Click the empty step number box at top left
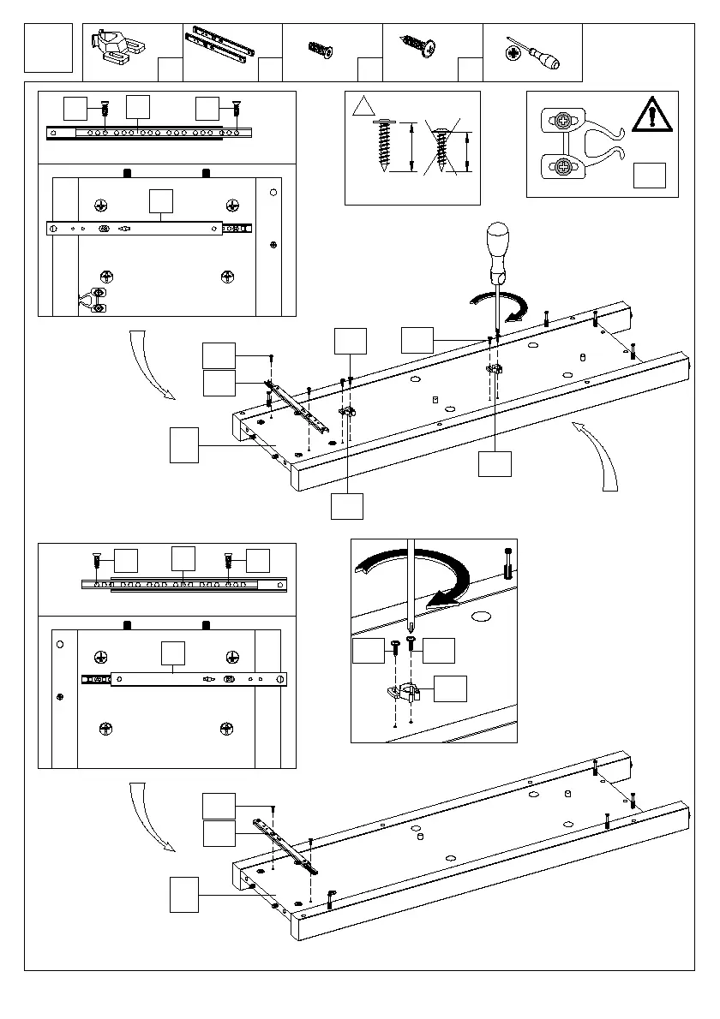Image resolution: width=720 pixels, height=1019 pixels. click(49, 49)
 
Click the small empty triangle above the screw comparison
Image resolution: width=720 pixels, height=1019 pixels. click(364, 107)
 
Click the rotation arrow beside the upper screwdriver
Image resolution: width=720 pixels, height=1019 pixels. click(502, 306)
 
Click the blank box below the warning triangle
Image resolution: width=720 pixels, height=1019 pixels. click(649, 174)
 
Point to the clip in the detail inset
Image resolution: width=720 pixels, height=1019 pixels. click(401, 690)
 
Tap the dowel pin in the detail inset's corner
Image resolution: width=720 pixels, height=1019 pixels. click(509, 560)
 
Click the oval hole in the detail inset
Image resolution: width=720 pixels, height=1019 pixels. click(480, 616)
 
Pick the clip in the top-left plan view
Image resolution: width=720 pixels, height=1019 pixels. click(93, 299)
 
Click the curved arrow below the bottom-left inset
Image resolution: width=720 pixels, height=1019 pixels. click(148, 815)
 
